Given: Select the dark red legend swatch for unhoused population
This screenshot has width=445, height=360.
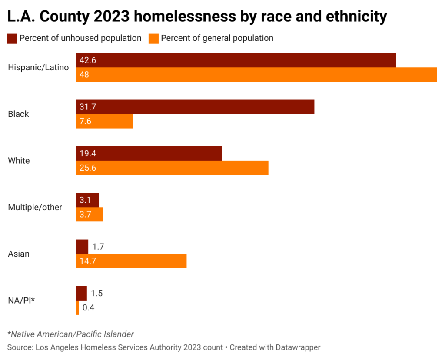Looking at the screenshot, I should point(12,38).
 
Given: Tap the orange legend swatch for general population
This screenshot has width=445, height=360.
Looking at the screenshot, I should point(154,38).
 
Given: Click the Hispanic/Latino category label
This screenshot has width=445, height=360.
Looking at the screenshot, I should point(38,67).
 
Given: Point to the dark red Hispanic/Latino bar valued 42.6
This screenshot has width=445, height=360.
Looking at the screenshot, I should point(236,60).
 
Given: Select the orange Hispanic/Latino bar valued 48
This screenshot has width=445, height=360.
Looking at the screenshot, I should point(256,75).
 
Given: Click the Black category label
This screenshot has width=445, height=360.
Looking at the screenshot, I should point(19,114).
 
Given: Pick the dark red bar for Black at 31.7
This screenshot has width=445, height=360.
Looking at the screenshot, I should point(195,107).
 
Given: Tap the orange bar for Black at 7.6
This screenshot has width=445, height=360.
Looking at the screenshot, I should point(104,121).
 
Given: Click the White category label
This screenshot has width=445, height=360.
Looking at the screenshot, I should point(19,161).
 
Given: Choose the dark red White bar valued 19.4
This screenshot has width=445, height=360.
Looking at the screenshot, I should point(149,154).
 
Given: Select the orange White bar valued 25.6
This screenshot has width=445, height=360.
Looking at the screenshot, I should point(172,168).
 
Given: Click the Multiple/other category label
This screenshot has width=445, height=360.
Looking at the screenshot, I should point(35,208).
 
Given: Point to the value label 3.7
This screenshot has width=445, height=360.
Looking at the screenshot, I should point(84,215).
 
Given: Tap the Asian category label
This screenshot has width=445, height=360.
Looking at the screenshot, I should point(19,254).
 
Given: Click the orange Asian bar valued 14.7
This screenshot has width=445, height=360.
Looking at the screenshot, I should point(131,261).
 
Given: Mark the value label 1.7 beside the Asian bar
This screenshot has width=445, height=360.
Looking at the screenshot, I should point(98,247).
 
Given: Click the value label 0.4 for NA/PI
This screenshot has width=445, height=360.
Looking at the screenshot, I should point(88,308).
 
